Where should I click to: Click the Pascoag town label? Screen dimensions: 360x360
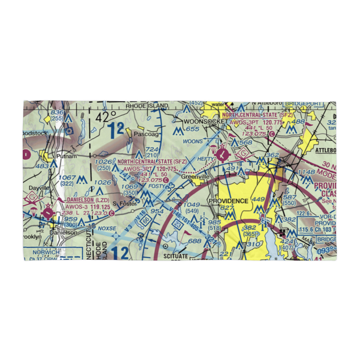pos(146,134)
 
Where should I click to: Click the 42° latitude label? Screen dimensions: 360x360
pos(106,116)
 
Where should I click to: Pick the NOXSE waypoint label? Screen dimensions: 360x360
pos(106,228)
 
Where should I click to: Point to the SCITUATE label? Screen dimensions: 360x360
pos(175,256)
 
